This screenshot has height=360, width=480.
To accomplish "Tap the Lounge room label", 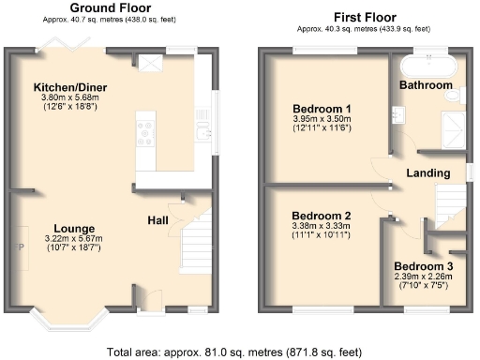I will (74, 229).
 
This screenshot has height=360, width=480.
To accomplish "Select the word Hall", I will (157, 219).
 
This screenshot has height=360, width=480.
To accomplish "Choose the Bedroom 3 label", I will (424, 265).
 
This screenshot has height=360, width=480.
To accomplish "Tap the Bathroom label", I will (428, 85).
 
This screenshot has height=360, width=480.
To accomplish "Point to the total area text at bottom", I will (234, 352).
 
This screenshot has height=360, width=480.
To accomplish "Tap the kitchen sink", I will (201, 134).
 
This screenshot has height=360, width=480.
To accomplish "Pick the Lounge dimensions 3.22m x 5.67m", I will (74, 240).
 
